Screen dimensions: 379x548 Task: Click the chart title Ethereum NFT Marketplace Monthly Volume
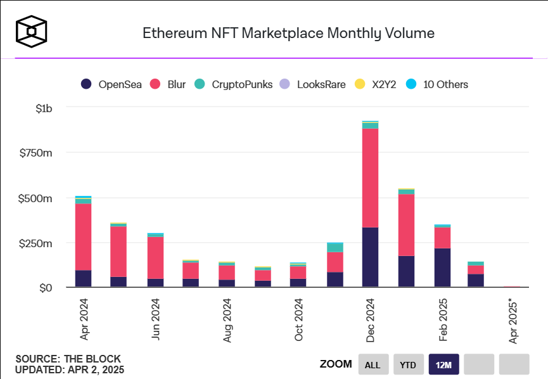[x=288, y=33]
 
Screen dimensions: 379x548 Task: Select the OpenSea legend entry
[x=111, y=84]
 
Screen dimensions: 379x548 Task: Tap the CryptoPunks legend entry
[x=234, y=84]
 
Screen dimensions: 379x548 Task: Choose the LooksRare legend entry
[x=313, y=84]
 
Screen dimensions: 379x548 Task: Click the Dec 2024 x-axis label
[x=371, y=321]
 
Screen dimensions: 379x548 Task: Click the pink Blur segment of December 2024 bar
[x=370, y=177]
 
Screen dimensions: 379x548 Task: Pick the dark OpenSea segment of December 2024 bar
[x=370, y=257]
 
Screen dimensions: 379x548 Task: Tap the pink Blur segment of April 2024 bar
[x=83, y=237]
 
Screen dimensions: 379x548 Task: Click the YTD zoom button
[x=409, y=364]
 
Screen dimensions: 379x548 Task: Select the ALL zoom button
[x=373, y=364]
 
